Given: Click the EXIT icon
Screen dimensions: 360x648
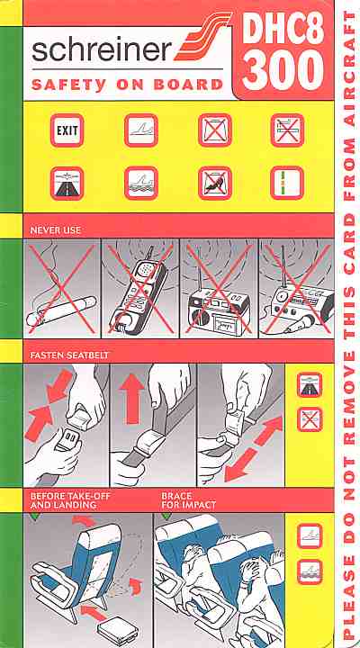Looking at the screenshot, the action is click(67, 130).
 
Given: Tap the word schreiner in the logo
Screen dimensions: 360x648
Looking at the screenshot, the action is click(102, 50).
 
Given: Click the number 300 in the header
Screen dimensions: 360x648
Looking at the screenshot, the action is click(283, 71).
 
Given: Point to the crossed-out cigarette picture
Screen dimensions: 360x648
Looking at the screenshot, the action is click(62, 288).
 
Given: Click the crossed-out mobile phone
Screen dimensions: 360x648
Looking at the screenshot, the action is click(140, 288).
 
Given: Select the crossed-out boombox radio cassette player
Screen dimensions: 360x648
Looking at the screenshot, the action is click(219, 288).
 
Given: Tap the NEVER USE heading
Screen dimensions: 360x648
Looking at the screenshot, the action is click(56, 230).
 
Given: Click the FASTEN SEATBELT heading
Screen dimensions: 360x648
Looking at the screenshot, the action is click(69, 355).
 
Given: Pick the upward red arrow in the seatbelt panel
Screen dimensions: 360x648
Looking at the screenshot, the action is click(133, 399).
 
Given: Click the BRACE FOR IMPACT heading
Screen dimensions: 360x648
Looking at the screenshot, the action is click(188, 499).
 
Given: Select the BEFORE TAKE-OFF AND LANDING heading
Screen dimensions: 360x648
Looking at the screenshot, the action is click(70, 499).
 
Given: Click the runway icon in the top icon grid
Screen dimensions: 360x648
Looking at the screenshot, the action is click(67, 183).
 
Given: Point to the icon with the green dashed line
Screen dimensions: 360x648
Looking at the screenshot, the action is click(287, 183).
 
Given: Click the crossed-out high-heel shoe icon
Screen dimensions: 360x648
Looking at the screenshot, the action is click(214, 183).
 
